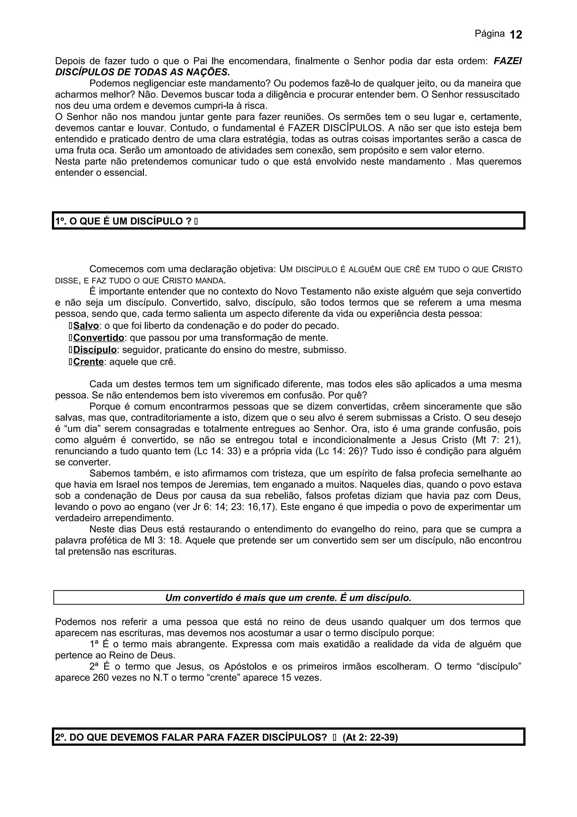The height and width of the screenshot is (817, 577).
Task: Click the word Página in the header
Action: [490, 34]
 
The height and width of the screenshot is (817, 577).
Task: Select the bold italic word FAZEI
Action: [508, 61]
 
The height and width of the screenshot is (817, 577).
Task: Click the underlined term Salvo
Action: [86, 326]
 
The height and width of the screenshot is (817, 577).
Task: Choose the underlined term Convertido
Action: [99, 338]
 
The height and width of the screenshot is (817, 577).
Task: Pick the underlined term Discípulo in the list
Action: [95, 350]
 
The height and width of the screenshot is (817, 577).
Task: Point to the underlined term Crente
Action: [88, 362]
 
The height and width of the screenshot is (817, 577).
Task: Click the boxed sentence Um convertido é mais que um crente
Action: [288, 598]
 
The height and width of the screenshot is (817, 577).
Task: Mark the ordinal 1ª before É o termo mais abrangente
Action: [94, 644]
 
